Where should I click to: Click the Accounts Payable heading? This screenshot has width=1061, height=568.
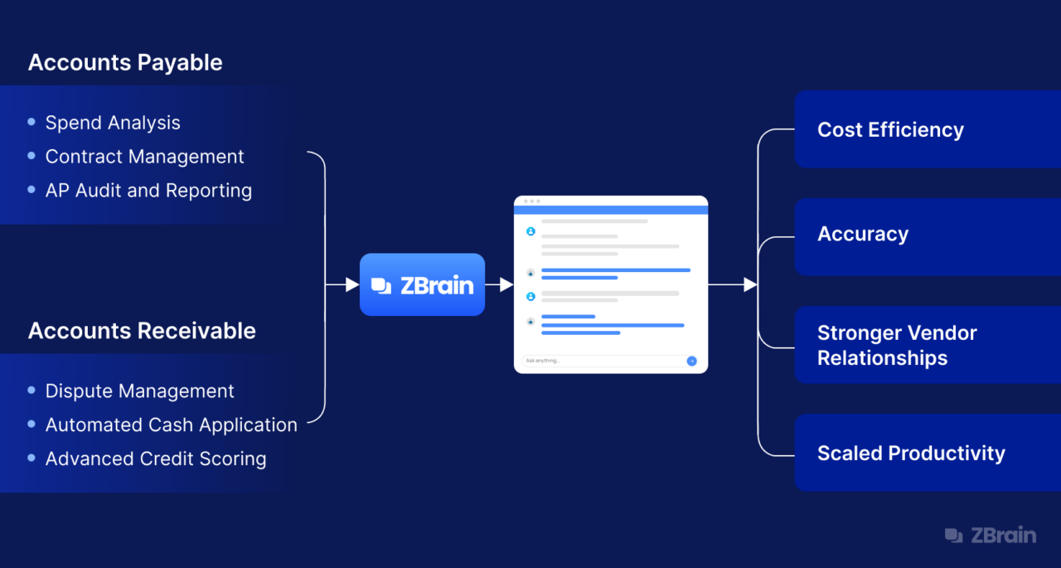pos(125,63)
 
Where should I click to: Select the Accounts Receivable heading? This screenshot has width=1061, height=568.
pos(142,331)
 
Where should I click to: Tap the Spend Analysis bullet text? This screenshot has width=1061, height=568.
pos(113,124)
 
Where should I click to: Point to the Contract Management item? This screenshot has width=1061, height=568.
pos(144,157)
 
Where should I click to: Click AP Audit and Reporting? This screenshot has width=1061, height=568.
pos(148,191)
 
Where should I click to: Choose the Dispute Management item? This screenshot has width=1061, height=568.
pos(140,391)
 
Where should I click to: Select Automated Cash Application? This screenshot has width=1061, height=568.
pos(172,425)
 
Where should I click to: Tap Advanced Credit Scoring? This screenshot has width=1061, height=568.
pos(156,459)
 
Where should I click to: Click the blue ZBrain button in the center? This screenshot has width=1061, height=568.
pos(422,284)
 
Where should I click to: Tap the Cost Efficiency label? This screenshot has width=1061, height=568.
pos(890,130)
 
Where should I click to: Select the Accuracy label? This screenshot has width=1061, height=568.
pos(863,234)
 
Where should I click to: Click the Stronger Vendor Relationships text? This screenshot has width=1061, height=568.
pos(897,345)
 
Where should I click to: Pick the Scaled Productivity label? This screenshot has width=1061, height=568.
pos(911,454)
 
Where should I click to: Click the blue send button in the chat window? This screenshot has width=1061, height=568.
pos(691,361)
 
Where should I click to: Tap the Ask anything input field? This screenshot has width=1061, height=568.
pos(609,361)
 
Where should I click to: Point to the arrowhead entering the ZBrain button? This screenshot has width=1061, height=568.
pos(352,284)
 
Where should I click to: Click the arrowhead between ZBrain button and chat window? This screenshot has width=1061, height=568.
pos(506,284)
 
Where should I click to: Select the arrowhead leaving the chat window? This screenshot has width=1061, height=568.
pos(750,284)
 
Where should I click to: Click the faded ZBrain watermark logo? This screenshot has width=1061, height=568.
pos(991,536)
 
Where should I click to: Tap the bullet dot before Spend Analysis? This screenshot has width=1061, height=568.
pos(31,122)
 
